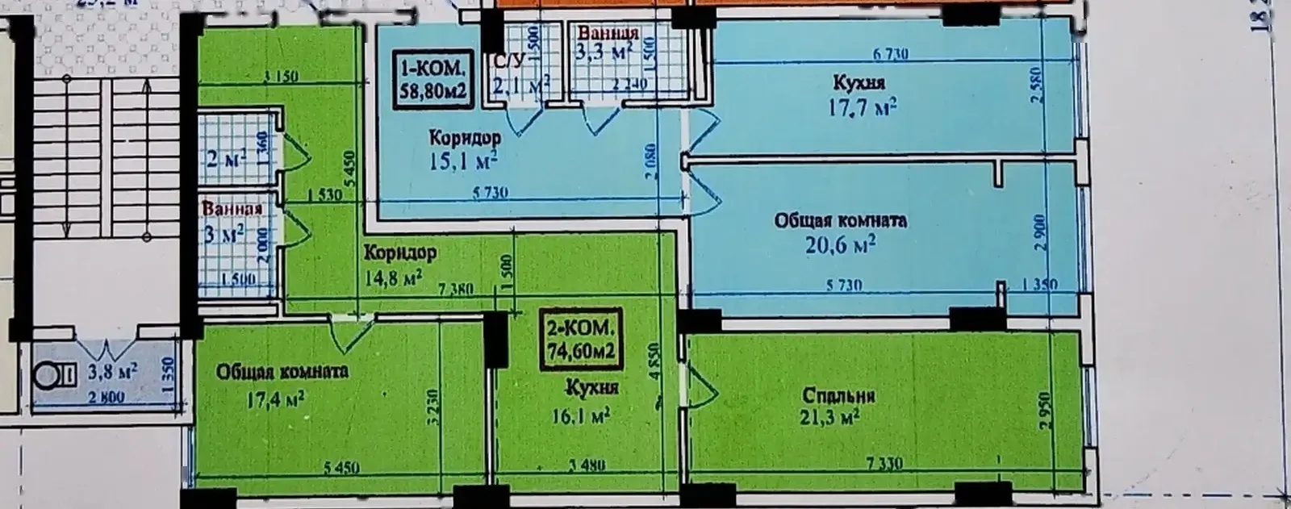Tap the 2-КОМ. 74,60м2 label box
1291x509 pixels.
[x=580, y=339]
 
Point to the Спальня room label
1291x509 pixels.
[x=839, y=396]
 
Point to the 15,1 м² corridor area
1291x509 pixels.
[x=462, y=161]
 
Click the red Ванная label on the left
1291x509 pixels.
[x=232, y=209]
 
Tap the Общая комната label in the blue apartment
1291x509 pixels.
[x=840, y=220]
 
